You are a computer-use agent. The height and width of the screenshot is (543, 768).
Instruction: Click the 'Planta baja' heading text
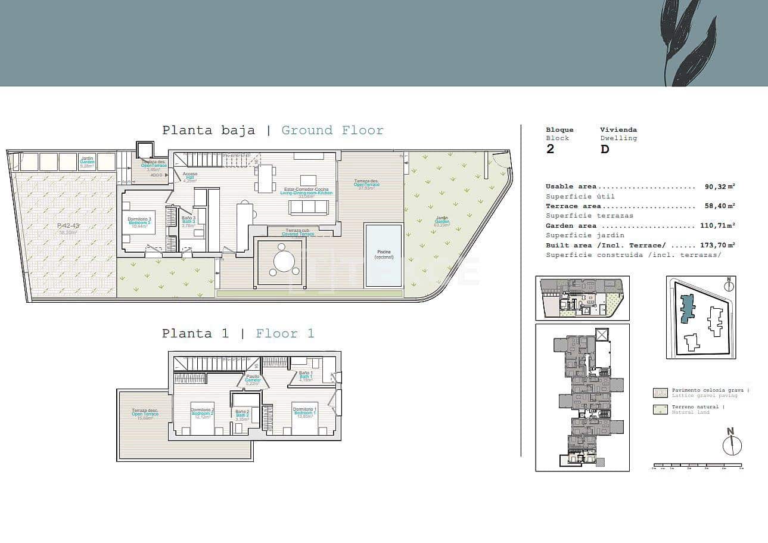coord(209,131)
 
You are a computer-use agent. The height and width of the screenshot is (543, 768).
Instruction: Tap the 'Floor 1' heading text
coord(285,334)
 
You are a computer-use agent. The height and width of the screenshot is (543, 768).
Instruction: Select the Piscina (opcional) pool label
coord(384,255)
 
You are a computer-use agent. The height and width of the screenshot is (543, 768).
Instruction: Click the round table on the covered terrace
coord(284,260)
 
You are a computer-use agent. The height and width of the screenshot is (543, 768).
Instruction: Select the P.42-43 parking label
coord(68,226)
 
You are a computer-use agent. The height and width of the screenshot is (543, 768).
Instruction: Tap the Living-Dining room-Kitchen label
coord(306,193)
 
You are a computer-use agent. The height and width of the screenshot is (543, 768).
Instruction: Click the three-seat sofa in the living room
coord(308,207)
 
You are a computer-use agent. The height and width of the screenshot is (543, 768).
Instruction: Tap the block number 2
coord(550,149)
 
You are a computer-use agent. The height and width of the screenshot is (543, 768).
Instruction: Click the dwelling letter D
coord(605,149)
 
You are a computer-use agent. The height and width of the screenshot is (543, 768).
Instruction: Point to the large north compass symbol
coord(732,444)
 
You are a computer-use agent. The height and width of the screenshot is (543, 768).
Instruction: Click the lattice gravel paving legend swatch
coord(660,392)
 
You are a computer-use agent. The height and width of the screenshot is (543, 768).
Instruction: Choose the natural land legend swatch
coord(660,409)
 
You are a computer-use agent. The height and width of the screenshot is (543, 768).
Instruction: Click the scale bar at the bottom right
coord(697,465)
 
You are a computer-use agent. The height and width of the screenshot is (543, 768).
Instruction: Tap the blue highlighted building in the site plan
coord(688,305)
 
